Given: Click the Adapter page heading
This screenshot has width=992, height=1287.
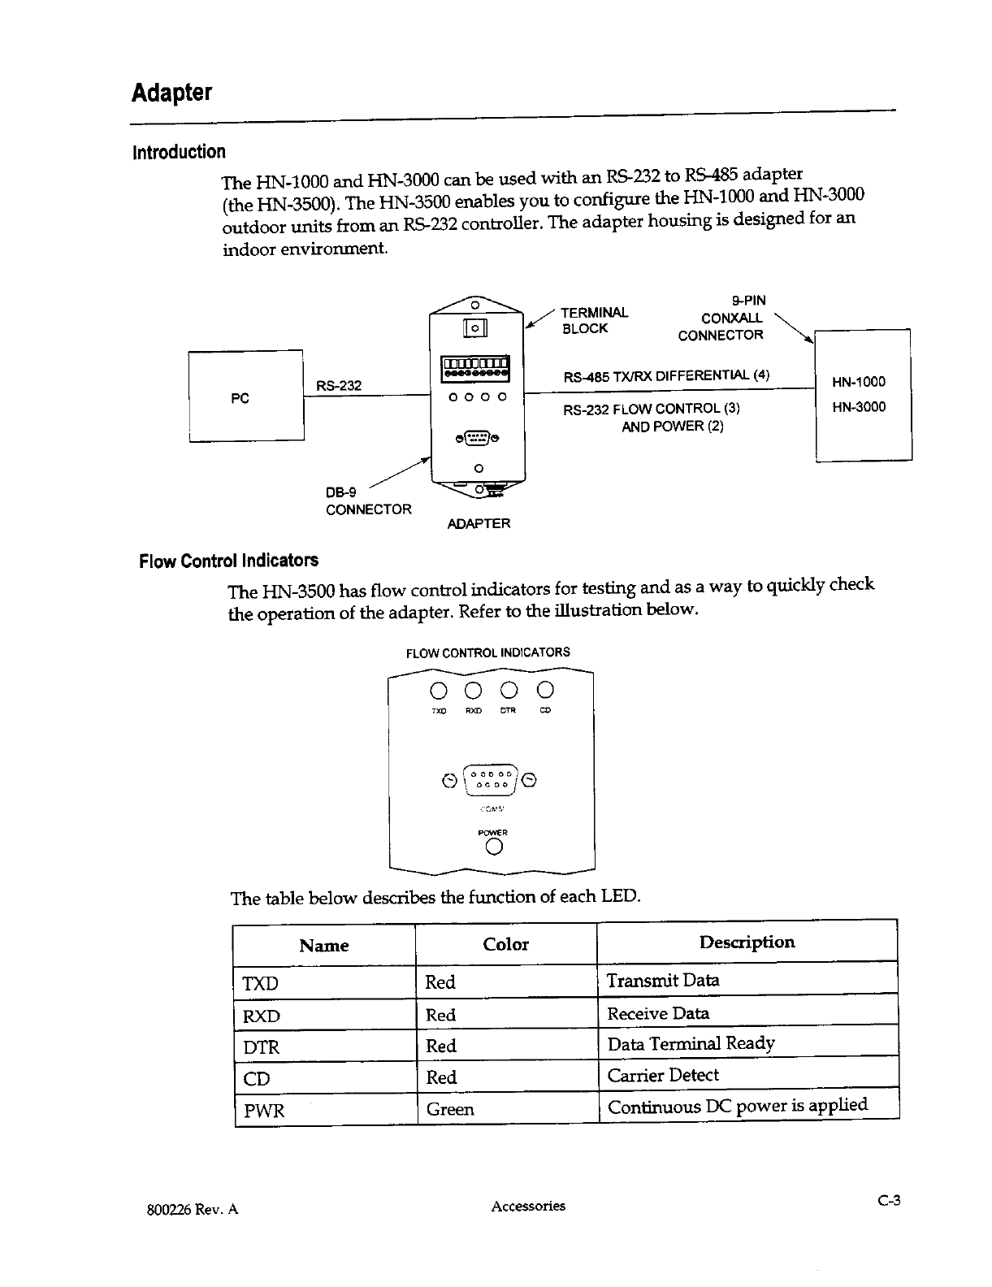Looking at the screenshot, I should pos(171,93).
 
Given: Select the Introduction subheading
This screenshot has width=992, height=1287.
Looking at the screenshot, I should pos(180,152).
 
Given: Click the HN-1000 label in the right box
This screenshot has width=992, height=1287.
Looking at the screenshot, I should pos(859,382).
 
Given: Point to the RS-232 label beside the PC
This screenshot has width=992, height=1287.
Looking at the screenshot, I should pos(338,385).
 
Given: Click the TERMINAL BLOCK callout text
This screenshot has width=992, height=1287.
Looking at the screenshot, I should pos(595,320).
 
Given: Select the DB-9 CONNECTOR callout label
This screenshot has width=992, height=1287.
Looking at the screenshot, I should pos(368,500).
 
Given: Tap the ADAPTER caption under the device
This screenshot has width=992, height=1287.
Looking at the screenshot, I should pos(479,524).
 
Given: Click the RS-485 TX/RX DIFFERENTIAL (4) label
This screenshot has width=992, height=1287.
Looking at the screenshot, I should pos(665,376).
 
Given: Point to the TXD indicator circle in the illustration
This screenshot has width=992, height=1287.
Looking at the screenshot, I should pos(439,691).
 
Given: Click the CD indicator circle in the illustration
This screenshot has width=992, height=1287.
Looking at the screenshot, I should pos(545,691).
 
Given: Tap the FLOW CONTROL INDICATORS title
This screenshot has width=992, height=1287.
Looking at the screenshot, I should pos(487,652).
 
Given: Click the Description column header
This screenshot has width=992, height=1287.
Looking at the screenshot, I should pos(747,942).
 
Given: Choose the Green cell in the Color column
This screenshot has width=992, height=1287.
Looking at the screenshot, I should pos(449,1109).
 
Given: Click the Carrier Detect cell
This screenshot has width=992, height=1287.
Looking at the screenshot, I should pos(663,1076).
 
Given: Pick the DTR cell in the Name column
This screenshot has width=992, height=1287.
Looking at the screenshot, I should pos(262,1047).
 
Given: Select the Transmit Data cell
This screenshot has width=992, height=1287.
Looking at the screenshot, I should pos(663,980).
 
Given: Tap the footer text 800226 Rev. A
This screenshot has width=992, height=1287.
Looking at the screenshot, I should pos(193,1209).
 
